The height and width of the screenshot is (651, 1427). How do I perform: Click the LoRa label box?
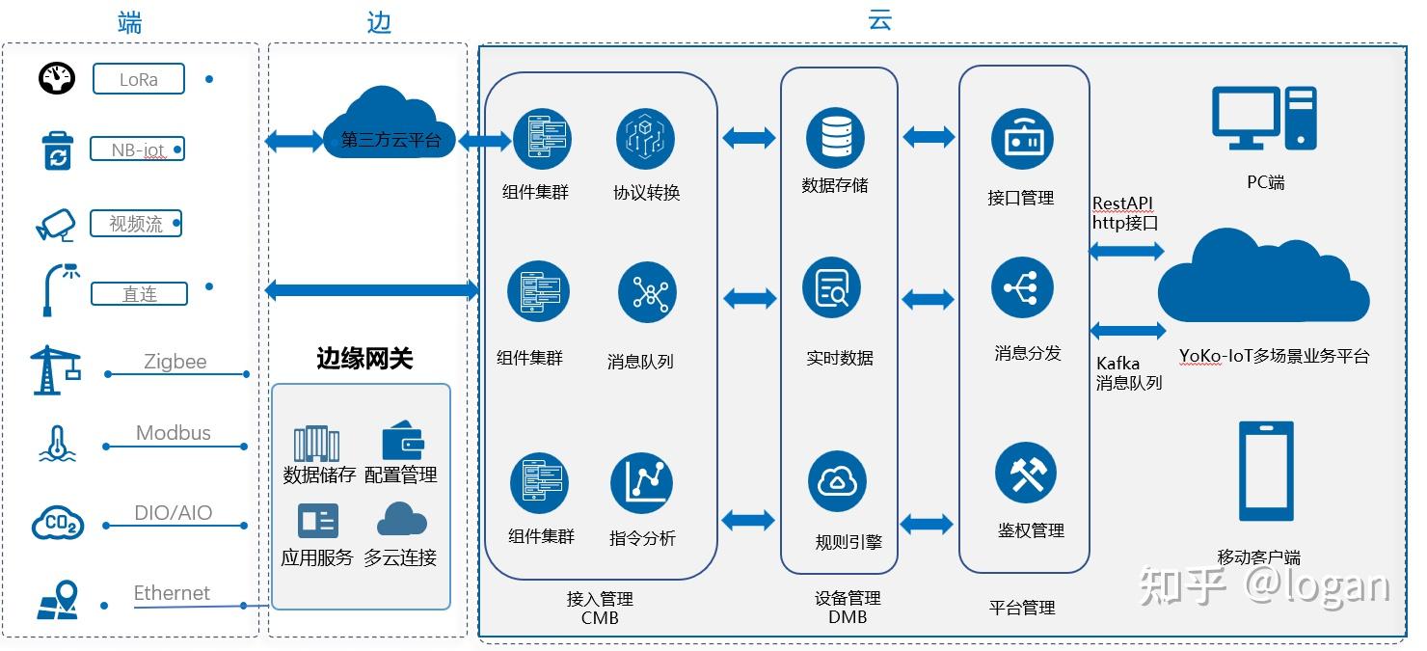click(138, 79)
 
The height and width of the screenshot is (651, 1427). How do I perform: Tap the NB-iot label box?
click(136, 150)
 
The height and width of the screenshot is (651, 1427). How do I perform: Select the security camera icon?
click(55, 224)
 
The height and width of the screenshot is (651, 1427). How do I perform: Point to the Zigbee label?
click(175, 362)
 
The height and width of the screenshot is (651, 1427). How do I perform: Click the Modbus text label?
click(174, 433)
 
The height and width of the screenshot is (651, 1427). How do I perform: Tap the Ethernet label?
click(172, 593)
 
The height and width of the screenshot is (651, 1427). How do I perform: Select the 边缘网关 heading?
click(364, 359)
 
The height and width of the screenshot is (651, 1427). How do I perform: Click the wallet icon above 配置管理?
click(403, 442)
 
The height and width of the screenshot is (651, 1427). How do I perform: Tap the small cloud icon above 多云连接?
click(401, 521)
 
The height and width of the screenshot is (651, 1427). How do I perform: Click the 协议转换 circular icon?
click(645, 139)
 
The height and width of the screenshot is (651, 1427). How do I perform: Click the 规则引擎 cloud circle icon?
click(836, 482)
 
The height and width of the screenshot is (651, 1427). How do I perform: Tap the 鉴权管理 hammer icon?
click(1025, 473)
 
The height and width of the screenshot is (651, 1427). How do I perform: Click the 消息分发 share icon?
click(1022, 288)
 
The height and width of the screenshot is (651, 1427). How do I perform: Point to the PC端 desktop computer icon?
click(1263, 119)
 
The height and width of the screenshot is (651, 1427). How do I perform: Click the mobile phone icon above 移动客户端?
click(1265, 472)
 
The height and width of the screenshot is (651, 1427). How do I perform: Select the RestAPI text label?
click(1122, 203)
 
